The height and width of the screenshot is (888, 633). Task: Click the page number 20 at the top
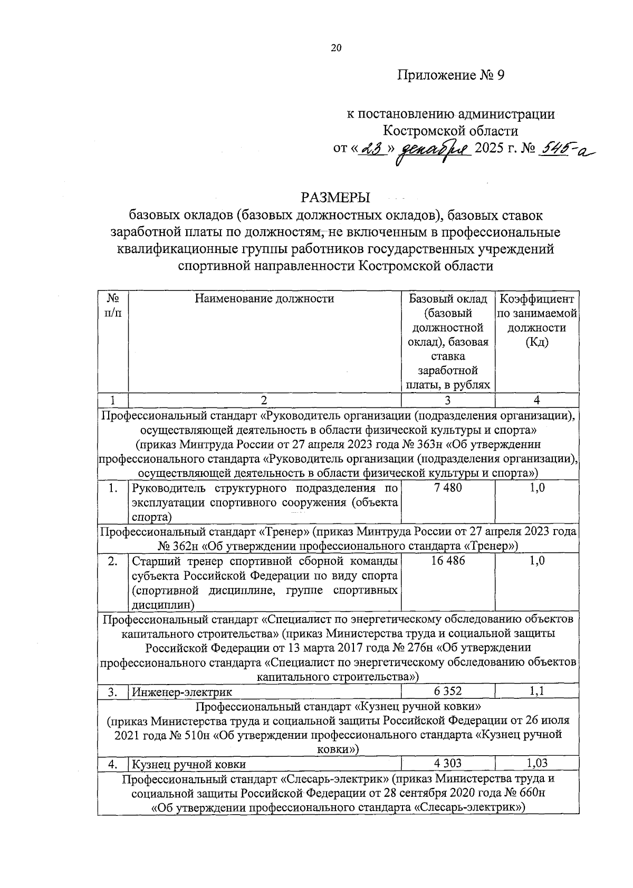pos(336,48)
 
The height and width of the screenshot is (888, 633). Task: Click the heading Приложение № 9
pos(450,75)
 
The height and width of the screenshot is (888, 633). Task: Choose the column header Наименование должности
pos(264,299)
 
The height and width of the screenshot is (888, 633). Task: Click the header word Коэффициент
pos(536,299)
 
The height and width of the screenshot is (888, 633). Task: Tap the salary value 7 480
pos(447,487)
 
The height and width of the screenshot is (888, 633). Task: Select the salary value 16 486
pos(447,560)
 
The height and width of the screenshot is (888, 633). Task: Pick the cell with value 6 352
pos(447,691)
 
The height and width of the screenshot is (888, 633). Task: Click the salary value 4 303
pos(447,763)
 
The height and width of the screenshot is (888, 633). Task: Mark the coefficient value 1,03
pos(536,763)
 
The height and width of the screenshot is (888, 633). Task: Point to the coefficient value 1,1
pos(536,691)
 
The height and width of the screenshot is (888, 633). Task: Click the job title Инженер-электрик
pos(181,691)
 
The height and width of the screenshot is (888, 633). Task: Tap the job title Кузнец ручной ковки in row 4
pos(188,764)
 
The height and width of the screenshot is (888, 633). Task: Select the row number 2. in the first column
pos(112,561)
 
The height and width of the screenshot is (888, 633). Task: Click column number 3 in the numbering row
pos(447,400)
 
